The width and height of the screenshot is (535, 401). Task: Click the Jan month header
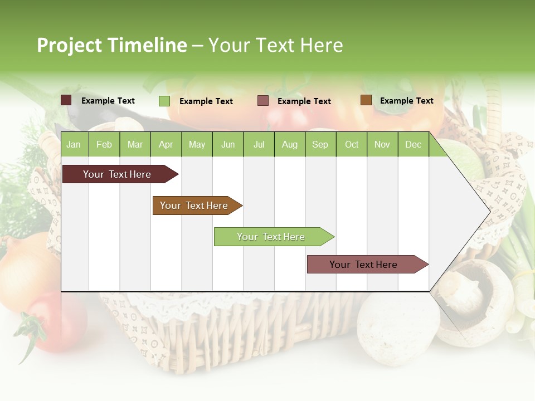(x=74, y=145)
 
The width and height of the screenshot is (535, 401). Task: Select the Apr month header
(x=166, y=145)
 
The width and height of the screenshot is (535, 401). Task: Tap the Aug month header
(x=289, y=145)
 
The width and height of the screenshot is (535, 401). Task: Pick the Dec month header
(x=413, y=145)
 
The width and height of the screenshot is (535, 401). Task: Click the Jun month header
(x=227, y=145)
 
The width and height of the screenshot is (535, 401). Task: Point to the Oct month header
(x=352, y=145)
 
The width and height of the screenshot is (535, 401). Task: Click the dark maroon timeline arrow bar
(x=117, y=174)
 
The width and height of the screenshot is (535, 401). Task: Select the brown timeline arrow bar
(x=194, y=206)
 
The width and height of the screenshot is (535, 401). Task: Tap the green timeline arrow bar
(x=271, y=237)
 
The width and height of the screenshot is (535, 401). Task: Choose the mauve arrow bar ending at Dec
(x=363, y=265)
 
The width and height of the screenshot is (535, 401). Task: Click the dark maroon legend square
(x=66, y=100)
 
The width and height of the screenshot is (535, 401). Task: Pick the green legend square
(x=164, y=101)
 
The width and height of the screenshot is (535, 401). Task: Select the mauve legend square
(x=263, y=101)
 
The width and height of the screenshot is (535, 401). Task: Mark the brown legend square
(x=366, y=100)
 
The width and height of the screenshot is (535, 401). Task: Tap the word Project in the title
(x=70, y=45)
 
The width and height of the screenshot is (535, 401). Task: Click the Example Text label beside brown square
(x=406, y=101)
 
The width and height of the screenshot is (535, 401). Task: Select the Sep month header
(x=320, y=145)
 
